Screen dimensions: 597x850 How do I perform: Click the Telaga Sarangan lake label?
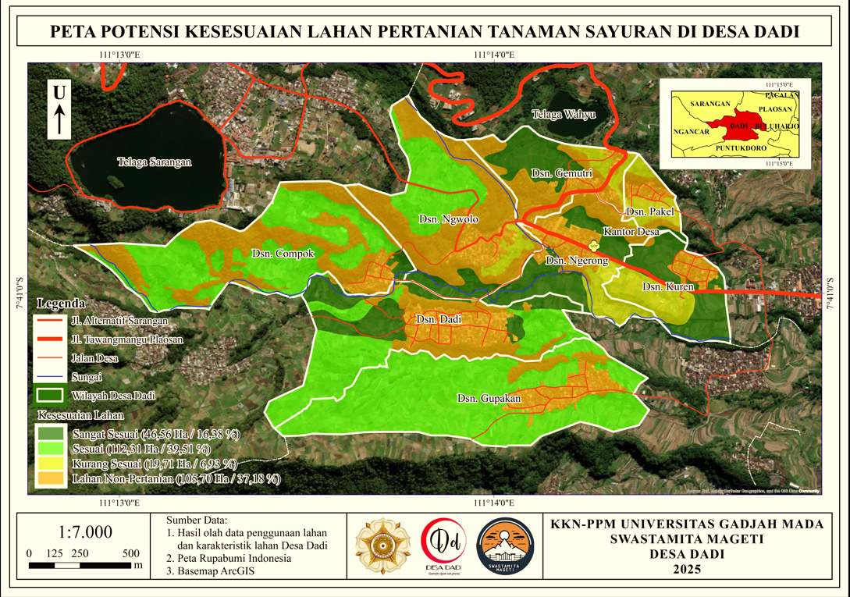155,162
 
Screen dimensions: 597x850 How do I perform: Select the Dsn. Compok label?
283,254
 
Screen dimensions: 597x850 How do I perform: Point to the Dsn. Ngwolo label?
448,219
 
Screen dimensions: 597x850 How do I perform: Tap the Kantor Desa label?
631,232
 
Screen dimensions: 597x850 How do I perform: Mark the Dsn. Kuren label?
663,287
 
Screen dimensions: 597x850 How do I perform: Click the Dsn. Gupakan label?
489,399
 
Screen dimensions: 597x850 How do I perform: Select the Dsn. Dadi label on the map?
439,320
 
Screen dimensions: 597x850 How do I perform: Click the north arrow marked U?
59,109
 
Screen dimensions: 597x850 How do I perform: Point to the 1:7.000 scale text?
86,532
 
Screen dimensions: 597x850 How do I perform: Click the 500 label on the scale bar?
131,553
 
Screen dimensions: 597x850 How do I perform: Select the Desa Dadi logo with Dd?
441,544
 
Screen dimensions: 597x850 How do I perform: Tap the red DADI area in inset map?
737,124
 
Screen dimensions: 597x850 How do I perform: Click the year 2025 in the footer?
687,569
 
